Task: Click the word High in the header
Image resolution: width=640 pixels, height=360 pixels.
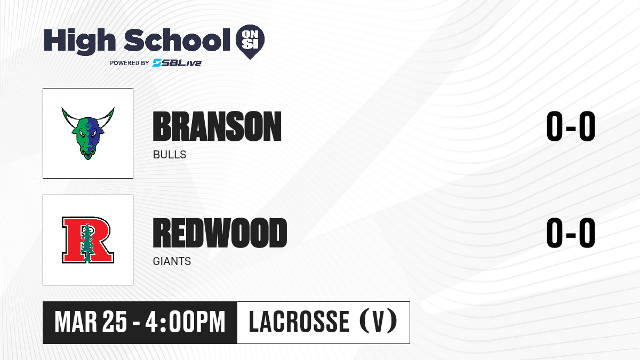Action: [x=79, y=42]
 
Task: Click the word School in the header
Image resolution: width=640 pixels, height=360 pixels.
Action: [x=177, y=40]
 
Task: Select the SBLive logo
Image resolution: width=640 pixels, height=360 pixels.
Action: [x=177, y=63]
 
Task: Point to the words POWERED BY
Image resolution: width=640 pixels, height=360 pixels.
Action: [x=130, y=63]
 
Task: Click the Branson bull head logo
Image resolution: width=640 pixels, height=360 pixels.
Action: [x=88, y=133]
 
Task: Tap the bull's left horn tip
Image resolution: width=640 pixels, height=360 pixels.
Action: [x=62, y=108]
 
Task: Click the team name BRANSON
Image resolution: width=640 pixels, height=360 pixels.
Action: [x=217, y=126]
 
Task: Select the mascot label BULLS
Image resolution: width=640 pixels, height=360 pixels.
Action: [x=170, y=155]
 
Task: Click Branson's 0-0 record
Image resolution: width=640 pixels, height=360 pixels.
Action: [x=571, y=126]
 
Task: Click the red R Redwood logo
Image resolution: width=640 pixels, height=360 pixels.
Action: [x=88, y=239]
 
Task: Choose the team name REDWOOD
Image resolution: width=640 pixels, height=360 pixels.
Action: [x=220, y=233]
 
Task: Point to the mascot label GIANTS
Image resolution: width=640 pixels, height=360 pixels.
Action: [x=172, y=261]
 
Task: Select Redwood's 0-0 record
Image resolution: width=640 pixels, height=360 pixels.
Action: [x=571, y=233]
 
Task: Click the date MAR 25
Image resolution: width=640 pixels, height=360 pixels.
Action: [x=91, y=322]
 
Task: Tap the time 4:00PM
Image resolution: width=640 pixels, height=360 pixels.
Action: [x=186, y=322]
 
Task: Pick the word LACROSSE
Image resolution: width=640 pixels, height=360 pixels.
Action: [x=299, y=322]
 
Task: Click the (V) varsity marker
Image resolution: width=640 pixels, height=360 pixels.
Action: [x=378, y=322]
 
